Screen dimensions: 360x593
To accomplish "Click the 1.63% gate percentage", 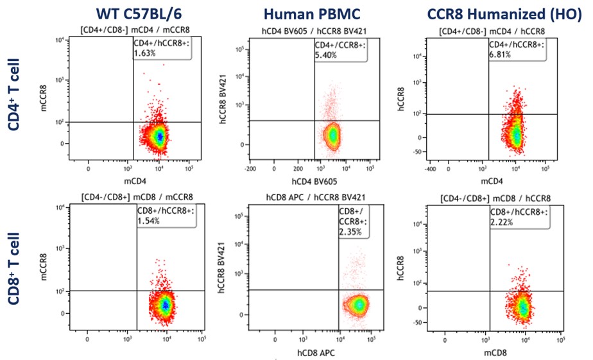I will click(x=146, y=54).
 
